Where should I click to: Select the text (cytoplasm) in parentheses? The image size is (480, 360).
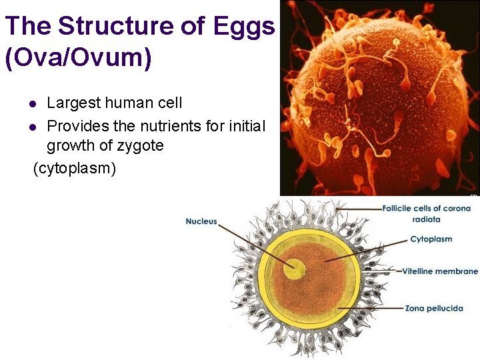pos(75,168)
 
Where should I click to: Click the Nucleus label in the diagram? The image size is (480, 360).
pos(201,221)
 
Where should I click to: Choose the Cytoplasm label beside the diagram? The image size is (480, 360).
pos(431,239)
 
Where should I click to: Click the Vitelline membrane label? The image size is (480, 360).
pos(440,271)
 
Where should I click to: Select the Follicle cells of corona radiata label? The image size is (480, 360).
pos(426,213)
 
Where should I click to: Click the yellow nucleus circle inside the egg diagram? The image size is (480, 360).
pos(294,269)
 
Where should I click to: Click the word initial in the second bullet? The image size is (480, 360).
pos(243,126)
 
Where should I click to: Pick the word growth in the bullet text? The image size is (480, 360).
pos(70,146)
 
